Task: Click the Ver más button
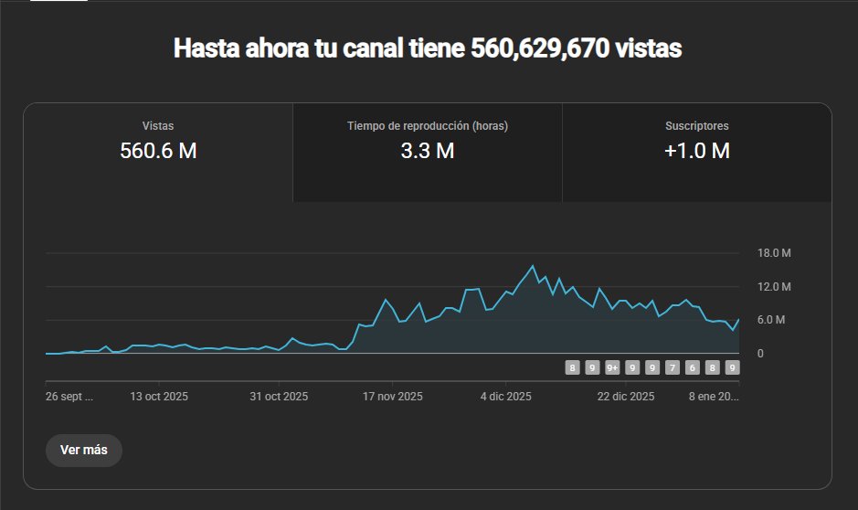click(x=83, y=450)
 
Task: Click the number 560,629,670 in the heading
click(x=540, y=48)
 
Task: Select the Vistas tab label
click(x=158, y=126)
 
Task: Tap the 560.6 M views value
click(x=158, y=152)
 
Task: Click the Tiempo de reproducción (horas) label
click(x=428, y=126)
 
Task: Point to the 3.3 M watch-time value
click(x=428, y=152)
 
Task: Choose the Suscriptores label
click(x=697, y=126)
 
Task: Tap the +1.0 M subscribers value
click(x=697, y=152)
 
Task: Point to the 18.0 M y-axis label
click(x=774, y=253)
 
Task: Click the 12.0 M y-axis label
click(x=774, y=287)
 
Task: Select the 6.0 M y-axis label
click(x=774, y=320)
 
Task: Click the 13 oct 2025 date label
click(x=159, y=397)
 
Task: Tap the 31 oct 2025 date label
click(x=279, y=397)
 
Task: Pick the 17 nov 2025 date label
click(x=393, y=397)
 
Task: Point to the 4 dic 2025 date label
click(x=505, y=397)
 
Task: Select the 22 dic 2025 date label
click(x=626, y=397)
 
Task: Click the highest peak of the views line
click(x=533, y=266)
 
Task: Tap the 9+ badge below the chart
click(x=612, y=368)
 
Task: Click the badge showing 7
click(x=673, y=368)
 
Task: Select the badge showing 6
click(x=692, y=368)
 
